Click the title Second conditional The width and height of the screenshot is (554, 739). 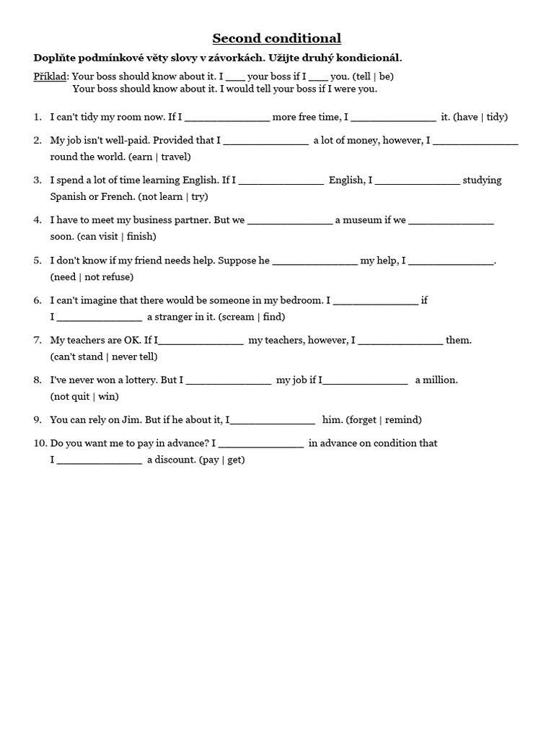276,38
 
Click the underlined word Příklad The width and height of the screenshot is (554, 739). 51,76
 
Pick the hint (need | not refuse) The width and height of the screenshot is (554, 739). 92,276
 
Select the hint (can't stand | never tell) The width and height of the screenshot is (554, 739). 104,356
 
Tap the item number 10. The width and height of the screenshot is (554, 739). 40,443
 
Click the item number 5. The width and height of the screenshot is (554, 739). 38,260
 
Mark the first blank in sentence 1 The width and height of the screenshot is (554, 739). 227,118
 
